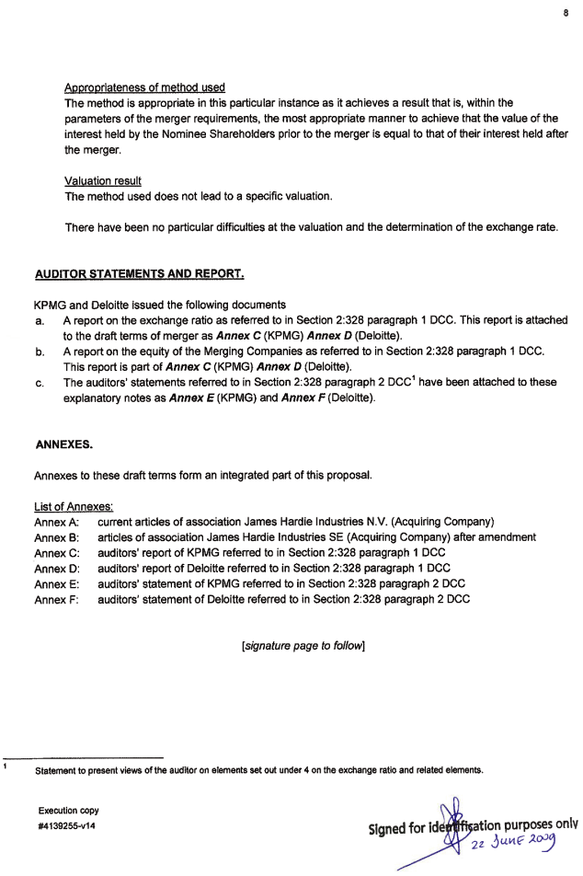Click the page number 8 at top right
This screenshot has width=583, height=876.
(x=566, y=14)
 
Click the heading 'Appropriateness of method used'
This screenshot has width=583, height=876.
(x=145, y=87)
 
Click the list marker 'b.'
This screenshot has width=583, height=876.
(x=40, y=352)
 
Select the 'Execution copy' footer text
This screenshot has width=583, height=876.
(x=69, y=811)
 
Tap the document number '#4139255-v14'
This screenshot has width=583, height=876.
(x=68, y=825)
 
